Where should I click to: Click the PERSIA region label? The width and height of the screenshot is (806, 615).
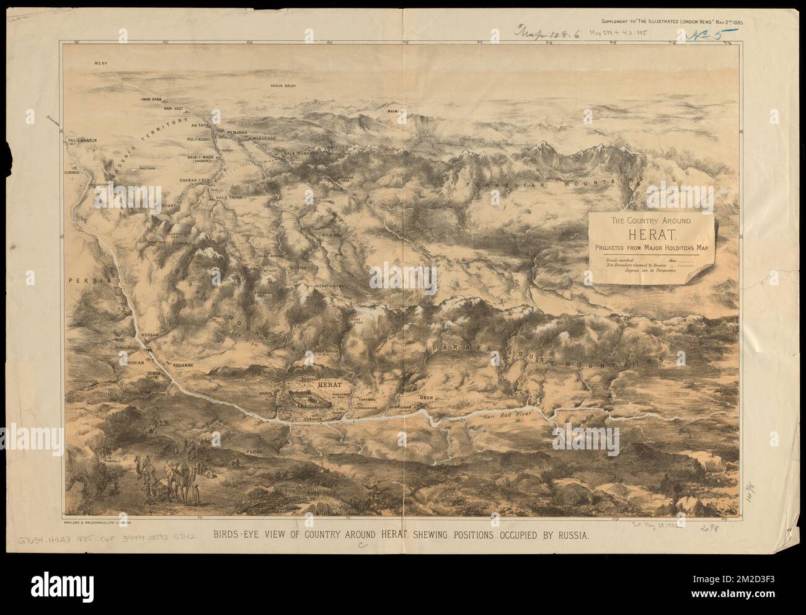tap(86, 280)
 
